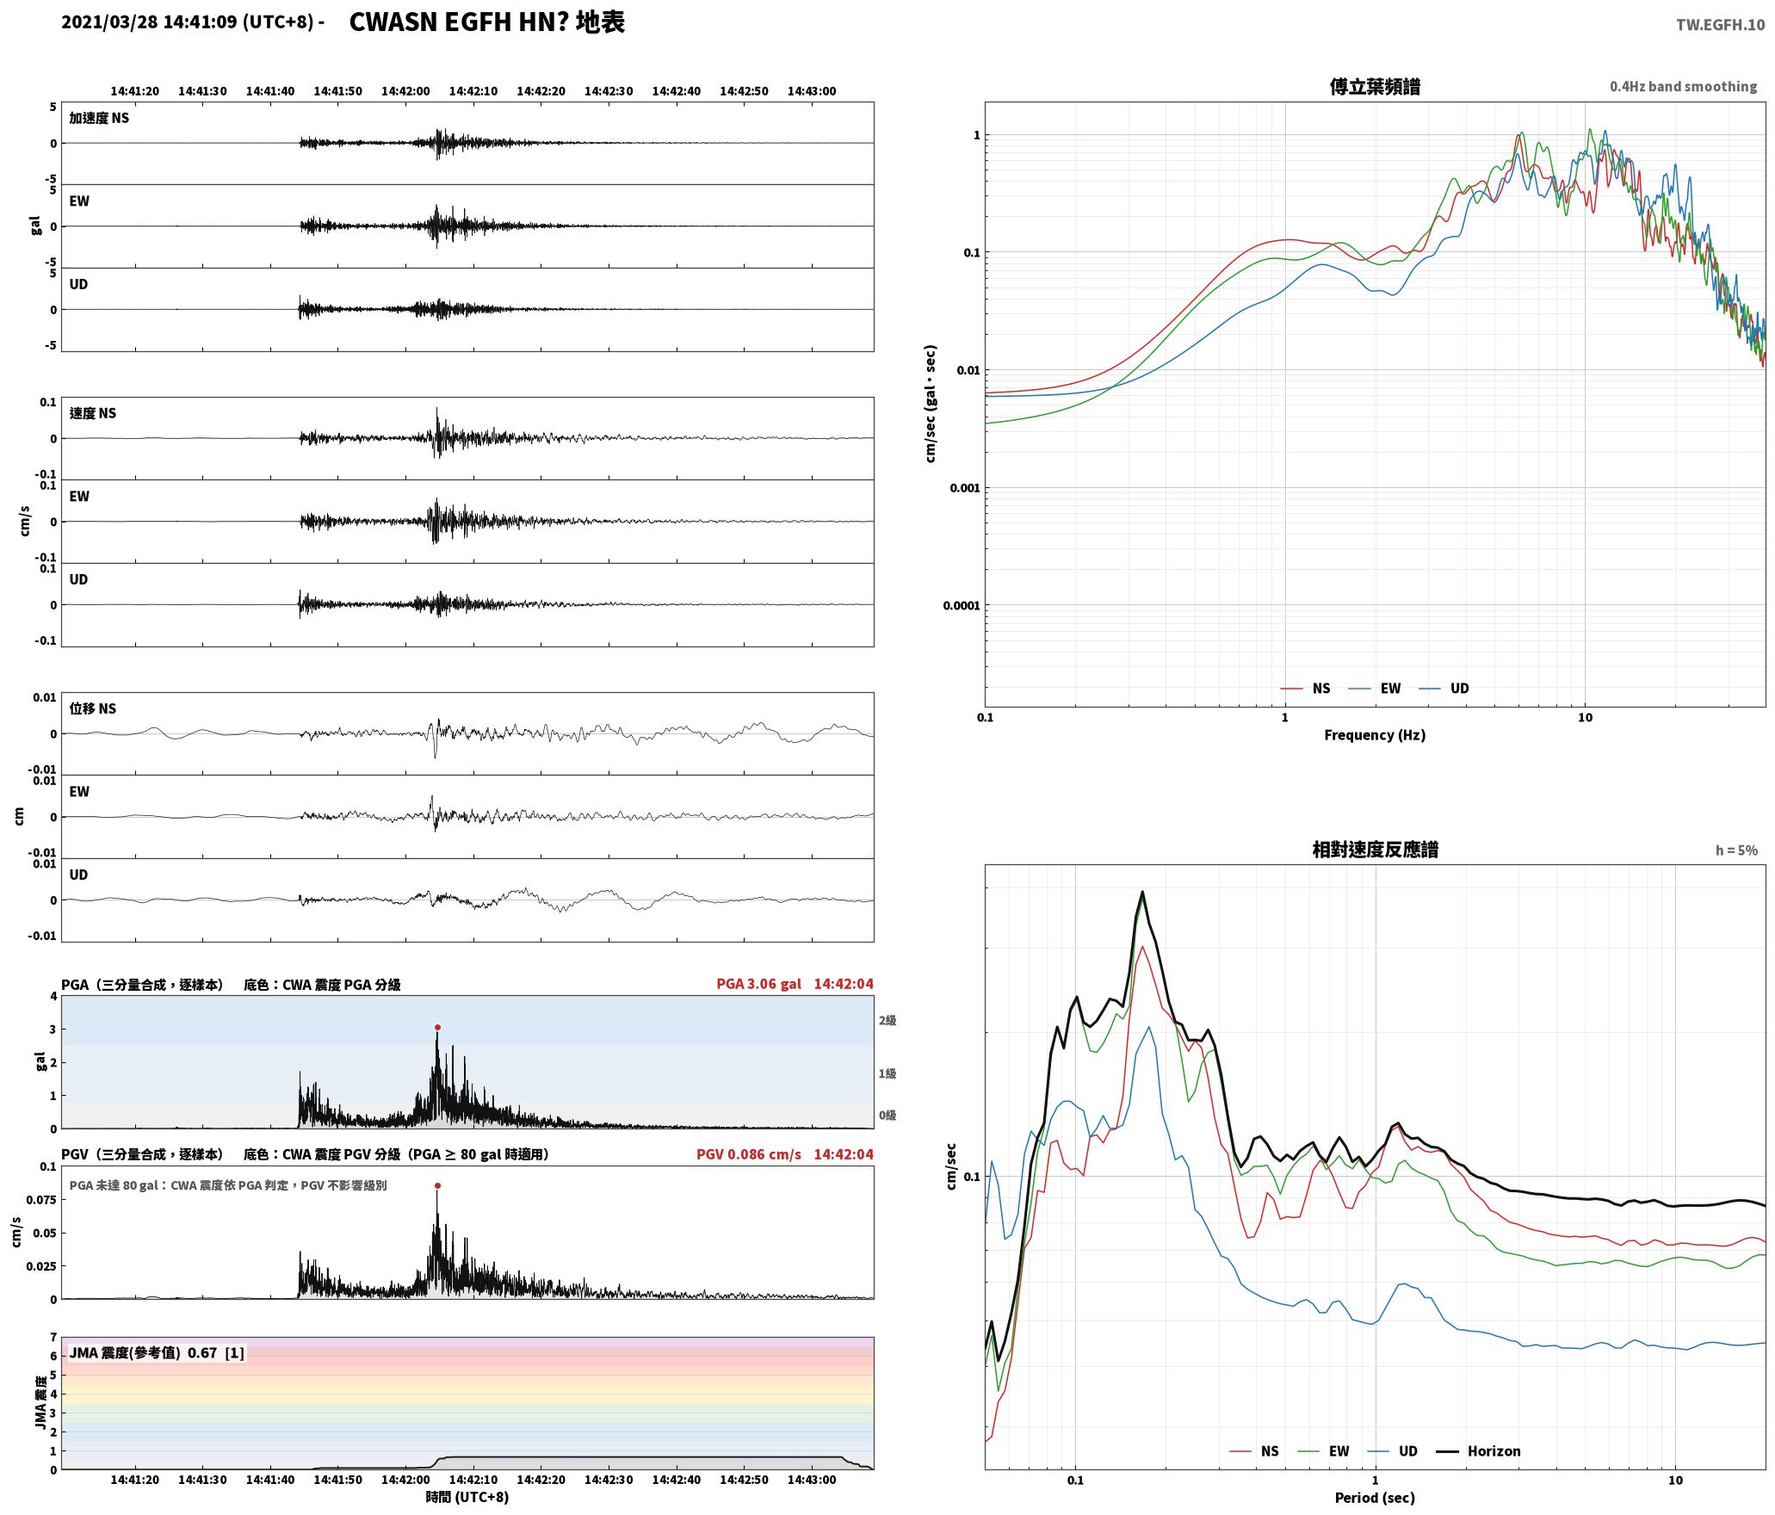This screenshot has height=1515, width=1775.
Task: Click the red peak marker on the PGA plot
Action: [x=437, y=1027]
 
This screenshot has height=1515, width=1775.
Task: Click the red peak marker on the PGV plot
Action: [x=437, y=1185]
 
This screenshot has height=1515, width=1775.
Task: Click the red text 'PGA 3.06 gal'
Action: [x=758, y=984]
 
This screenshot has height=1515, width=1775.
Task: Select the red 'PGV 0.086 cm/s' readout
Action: [x=748, y=1154]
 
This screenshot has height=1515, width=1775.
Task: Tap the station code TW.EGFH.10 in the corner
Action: [x=1720, y=25]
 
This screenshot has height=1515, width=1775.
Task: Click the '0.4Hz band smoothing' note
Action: [x=1683, y=86]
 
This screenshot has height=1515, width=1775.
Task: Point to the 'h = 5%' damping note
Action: [x=1736, y=850]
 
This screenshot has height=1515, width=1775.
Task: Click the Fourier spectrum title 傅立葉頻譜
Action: [x=1375, y=86]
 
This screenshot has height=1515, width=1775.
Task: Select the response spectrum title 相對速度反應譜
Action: [x=1375, y=850]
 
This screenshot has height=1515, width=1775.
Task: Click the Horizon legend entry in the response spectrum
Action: [x=1479, y=1451]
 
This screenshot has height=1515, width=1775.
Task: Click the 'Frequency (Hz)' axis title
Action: [x=1375, y=735]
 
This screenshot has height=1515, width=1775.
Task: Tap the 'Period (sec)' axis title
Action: [x=1375, y=1498]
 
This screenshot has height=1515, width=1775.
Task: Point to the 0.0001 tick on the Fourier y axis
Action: [x=962, y=605]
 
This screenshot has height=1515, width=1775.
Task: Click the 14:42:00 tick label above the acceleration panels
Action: [x=405, y=91]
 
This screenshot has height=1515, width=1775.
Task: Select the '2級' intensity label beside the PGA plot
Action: [x=887, y=1020]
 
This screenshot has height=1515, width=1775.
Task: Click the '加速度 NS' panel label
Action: [x=99, y=118]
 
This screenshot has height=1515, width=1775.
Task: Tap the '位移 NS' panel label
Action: [x=93, y=708]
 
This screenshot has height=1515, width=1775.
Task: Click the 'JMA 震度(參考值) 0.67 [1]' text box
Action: [x=157, y=1353]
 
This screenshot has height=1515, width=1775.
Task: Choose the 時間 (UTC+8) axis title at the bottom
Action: [x=467, y=1498]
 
